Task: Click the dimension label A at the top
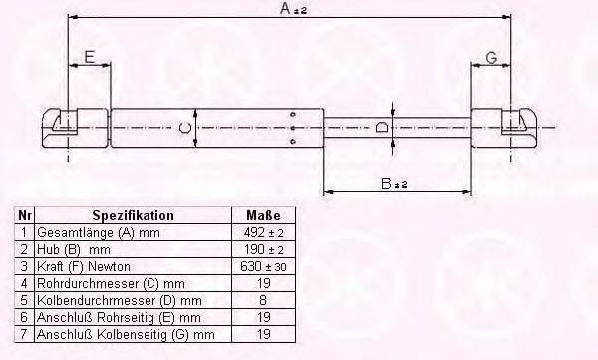(293, 8)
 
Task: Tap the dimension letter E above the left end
(89, 57)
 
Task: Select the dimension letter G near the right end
(492, 58)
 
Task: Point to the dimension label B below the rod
(394, 183)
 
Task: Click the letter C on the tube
(185, 128)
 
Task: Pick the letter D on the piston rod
(382, 127)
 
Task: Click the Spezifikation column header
(134, 215)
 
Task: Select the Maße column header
(263, 215)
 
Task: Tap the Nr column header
(24, 215)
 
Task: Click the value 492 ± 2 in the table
(263, 232)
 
